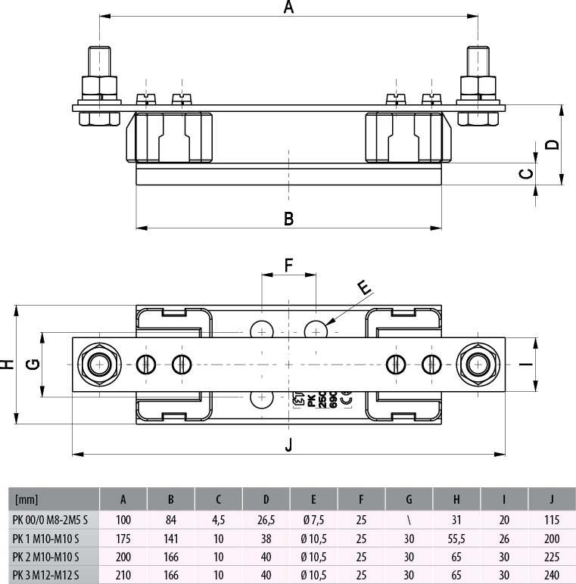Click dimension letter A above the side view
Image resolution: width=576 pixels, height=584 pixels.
(x=288, y=8)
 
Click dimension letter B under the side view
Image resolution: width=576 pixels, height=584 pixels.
(x=288, y=219)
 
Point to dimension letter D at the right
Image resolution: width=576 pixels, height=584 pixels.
(x=553, y=144)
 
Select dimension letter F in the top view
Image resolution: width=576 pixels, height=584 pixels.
(x=288, y=265)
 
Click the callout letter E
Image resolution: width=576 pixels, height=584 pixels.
(x=365, y=287)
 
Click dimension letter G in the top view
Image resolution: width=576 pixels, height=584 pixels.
(x=32, y=364)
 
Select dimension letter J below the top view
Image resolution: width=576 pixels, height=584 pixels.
(x=288, y=446)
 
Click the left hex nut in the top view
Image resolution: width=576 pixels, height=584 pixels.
(x=98, y=364)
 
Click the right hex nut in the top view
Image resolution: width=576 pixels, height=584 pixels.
(x=478, y=364)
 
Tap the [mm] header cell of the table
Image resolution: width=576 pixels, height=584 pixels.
(x=26, y=500)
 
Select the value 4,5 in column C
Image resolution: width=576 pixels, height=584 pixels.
(x=218, y=520)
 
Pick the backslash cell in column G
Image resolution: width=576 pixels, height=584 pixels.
(x=409, y=520)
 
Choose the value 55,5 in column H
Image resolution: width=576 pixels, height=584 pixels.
(x=456, y=539)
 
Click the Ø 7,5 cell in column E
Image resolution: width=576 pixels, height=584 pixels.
(x=313, y=520)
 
